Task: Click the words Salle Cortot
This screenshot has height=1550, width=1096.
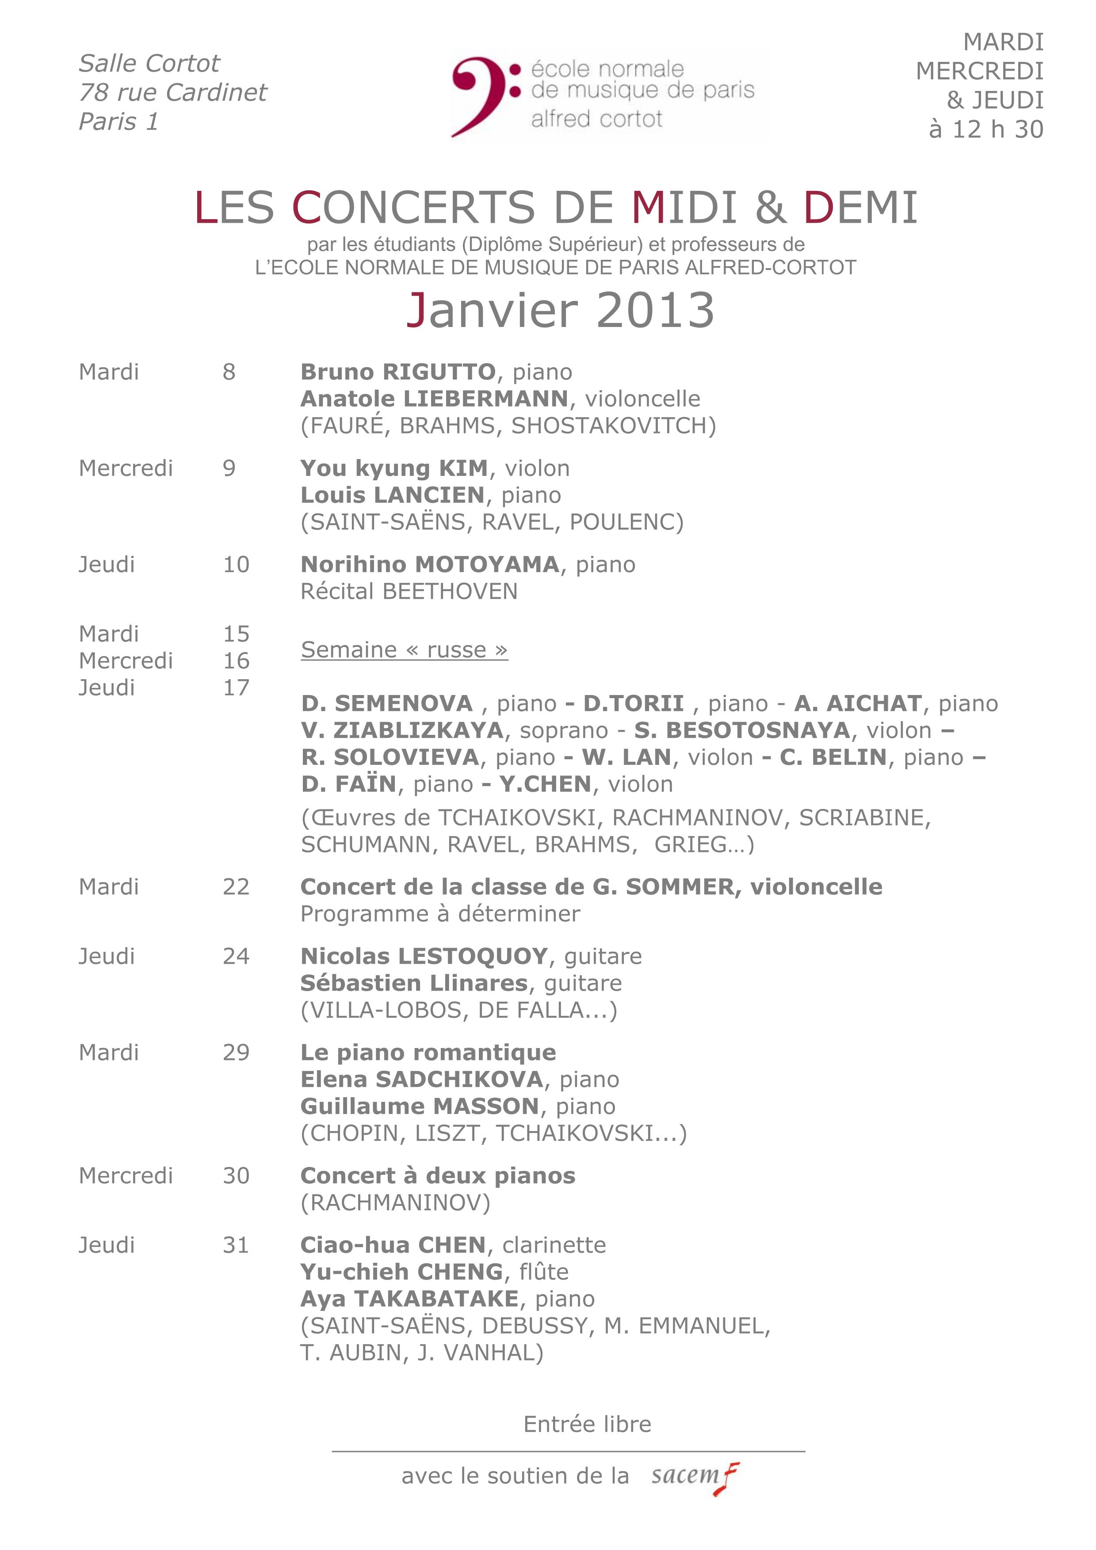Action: click(149, 64)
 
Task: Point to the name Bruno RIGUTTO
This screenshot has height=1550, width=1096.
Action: click(398, 372)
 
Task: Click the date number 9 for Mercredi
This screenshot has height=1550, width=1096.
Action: click(229, 468)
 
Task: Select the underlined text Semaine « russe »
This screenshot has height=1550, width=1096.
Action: click(404, 650)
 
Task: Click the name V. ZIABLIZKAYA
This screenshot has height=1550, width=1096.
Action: click(402, 730)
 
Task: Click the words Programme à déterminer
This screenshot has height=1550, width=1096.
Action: click(440, 914)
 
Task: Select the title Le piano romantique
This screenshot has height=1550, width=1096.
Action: click(428, 1052)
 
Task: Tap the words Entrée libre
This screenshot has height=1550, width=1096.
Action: click(587, 1425)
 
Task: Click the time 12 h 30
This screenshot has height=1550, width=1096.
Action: click(997, 129)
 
